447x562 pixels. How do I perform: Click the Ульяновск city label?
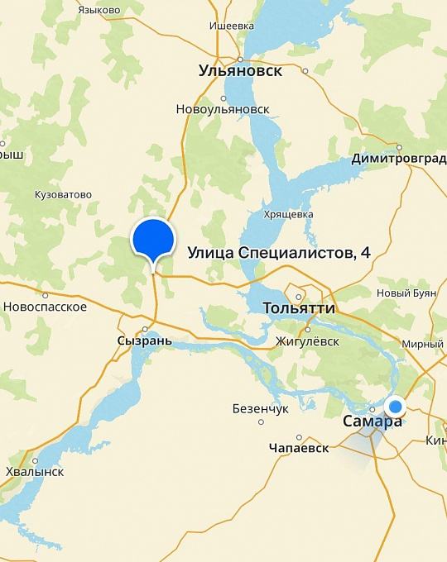click(x=240, y=71)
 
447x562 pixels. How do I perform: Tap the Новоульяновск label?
click(x=223, y=109)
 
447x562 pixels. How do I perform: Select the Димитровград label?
click(x=398, y=159)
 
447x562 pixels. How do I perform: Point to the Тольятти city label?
click(x=298, y=308)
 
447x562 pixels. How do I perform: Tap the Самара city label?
click(x=372, y=421)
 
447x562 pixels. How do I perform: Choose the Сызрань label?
click(x=144, y=341)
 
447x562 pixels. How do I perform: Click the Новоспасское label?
click(x=46, y=307)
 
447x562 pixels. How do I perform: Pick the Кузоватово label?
click(x=63, y=195)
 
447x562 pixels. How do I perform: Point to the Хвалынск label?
click(x=35, y=472)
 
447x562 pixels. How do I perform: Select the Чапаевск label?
click(x=299, y=448)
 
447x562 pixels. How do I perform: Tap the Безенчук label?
click(x=261, y=408)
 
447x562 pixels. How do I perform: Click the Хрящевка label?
click(x=288, y=214)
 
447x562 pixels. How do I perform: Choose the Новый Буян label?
click(x=405, y=293)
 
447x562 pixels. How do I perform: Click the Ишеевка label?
click(x=232, y=26)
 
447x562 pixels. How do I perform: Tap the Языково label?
click(x=99, y=10)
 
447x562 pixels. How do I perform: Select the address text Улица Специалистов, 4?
click(x=279, y=252)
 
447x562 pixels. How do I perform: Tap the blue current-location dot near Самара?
click(x=396, y=406)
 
